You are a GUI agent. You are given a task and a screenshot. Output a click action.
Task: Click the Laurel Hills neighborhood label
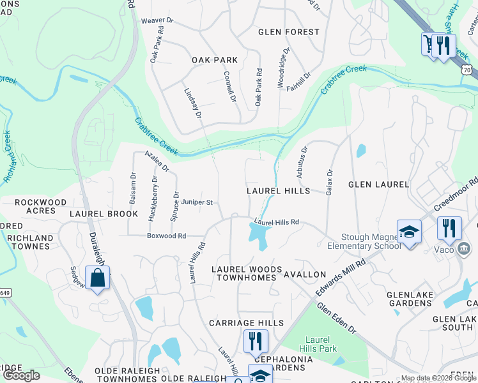pyautogui.click(x=279, y=191)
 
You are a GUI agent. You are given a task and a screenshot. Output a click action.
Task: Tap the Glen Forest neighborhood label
pyautogui.click(x=288, y=32)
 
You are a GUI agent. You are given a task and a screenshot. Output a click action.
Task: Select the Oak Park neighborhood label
pyautogui.click(x=215, y=60)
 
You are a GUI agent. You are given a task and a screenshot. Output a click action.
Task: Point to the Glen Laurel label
pyautogui.click(x=378, y=184)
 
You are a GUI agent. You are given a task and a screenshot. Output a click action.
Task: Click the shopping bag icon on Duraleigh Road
pyautogui.click(x=97, y=278)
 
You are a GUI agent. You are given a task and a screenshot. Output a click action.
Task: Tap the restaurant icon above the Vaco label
pyautogui.click(x=449, y=228)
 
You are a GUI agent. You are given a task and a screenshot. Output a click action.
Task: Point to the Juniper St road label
pyautogui.click(x=196, y=202)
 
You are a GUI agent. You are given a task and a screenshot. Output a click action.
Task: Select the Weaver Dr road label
pyautogui.click(x=157, y=20)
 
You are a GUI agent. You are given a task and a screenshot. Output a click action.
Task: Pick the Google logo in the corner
pyautogui.click(x=22, y=375)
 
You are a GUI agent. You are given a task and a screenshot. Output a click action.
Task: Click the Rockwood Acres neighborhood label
pyautogui.click(x=40, y=207)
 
